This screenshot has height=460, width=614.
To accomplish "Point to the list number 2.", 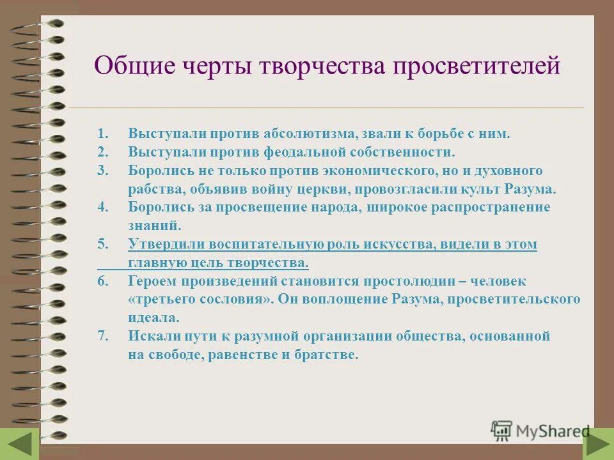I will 103,153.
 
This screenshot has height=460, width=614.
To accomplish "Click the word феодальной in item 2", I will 304,153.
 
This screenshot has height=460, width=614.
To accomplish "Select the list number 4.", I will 103,208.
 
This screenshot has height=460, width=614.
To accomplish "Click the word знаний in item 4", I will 154,226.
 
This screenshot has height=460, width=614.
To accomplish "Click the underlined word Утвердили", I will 164,245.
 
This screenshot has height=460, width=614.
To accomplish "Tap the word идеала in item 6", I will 153,318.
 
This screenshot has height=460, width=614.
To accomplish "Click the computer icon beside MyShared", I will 501,431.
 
